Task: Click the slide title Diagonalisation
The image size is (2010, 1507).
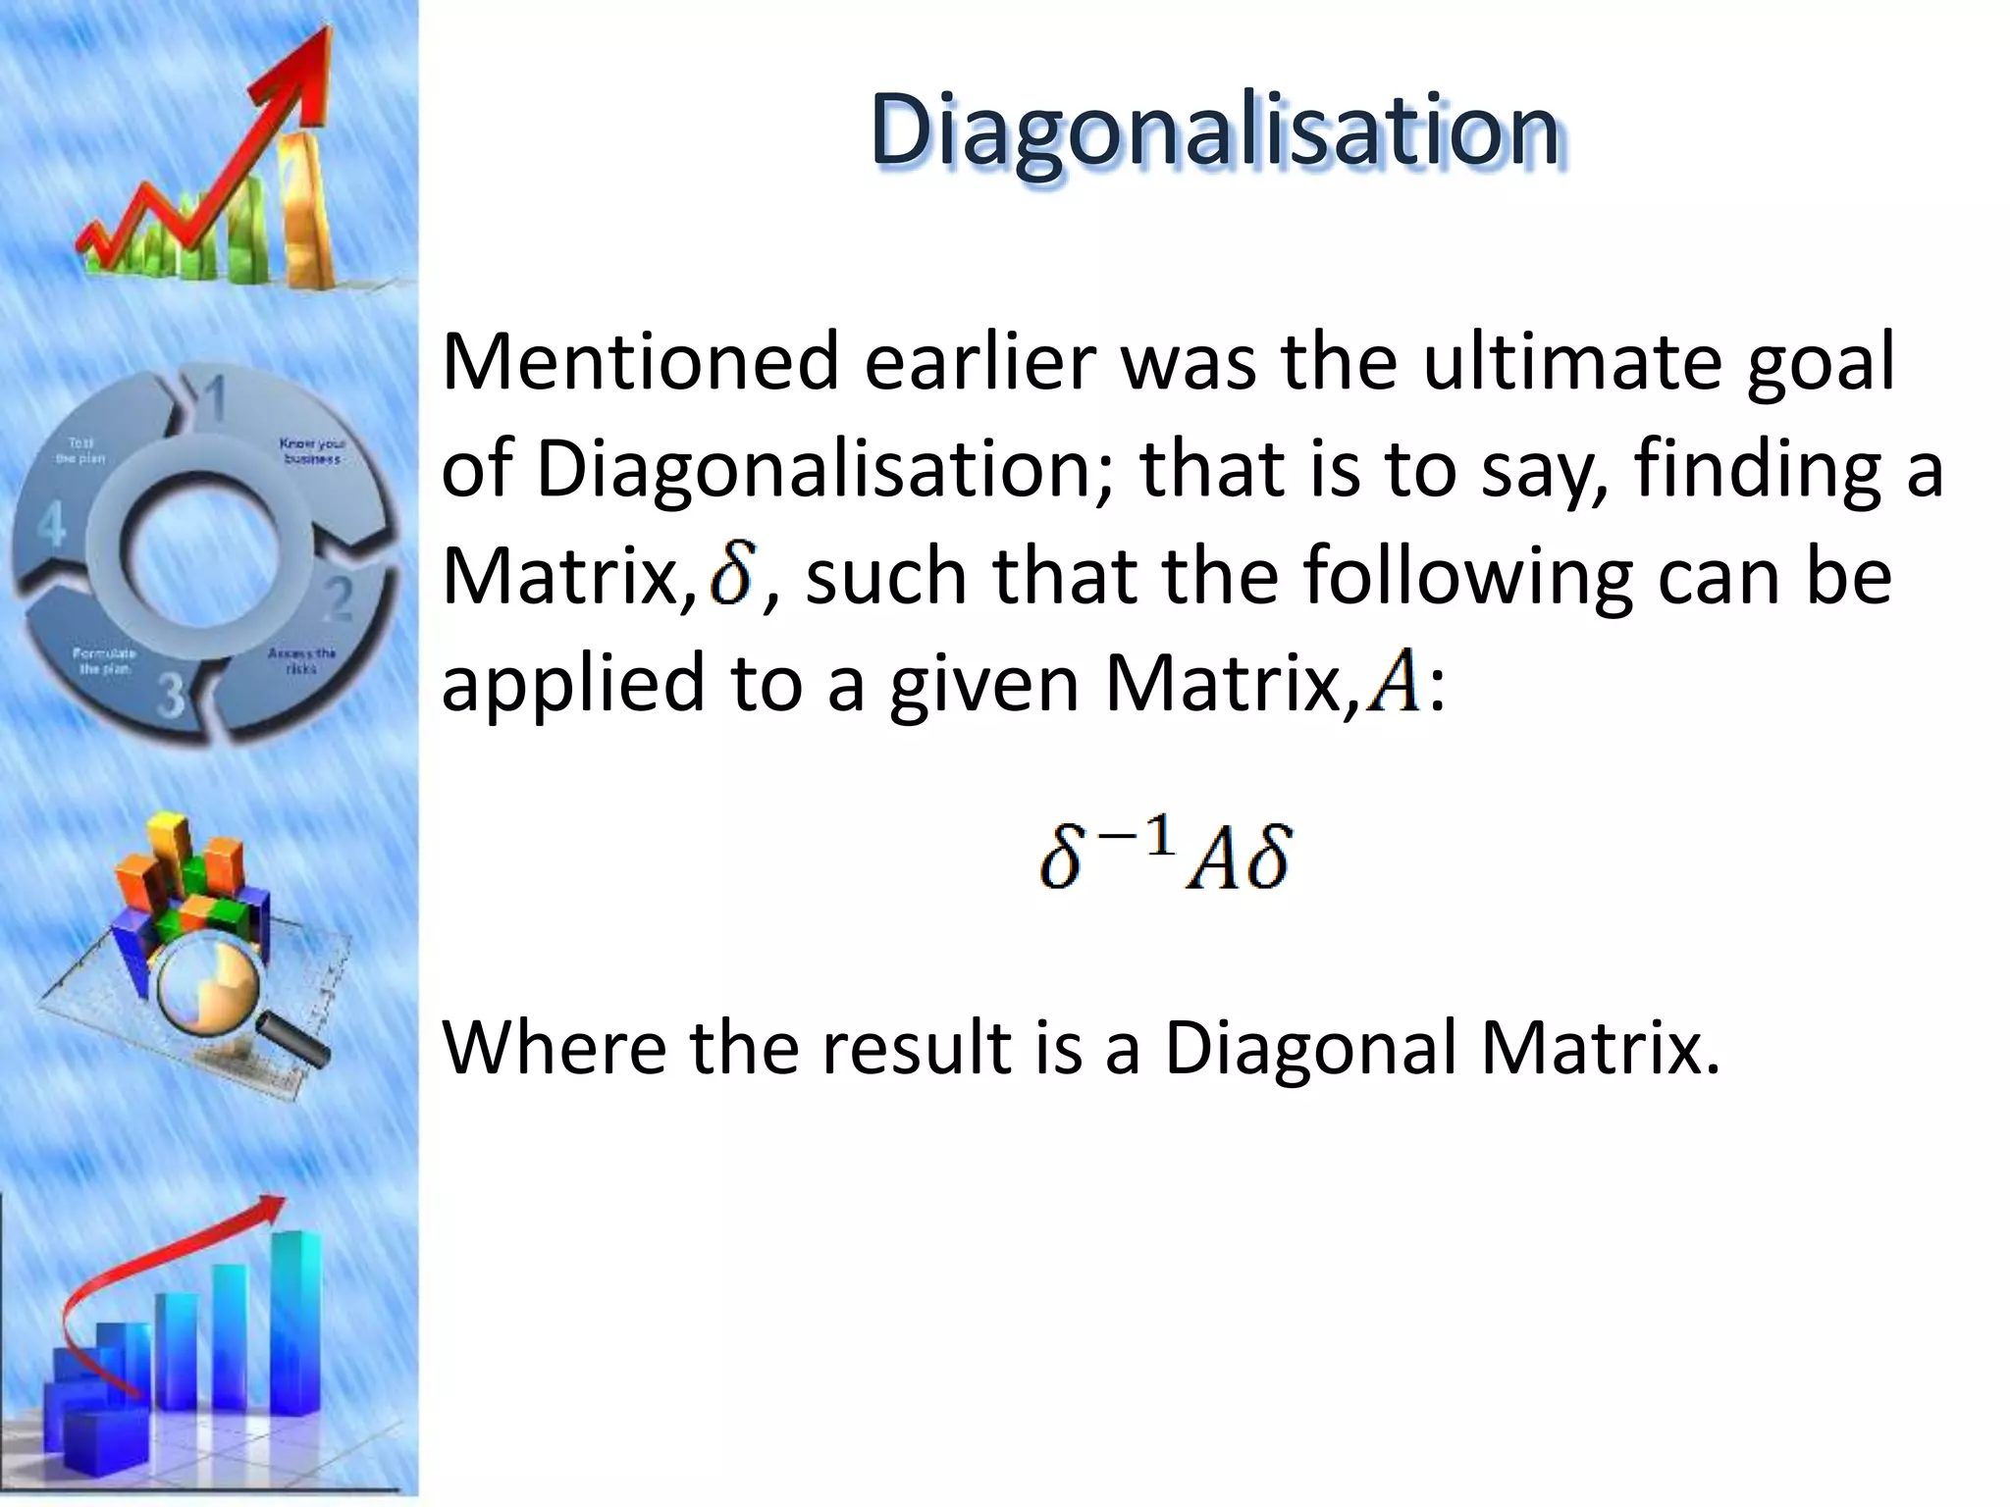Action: (x=1214, y=130)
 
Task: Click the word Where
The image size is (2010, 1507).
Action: (x=555, y=1049)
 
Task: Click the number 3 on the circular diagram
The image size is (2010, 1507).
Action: (x=171, y=696)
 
